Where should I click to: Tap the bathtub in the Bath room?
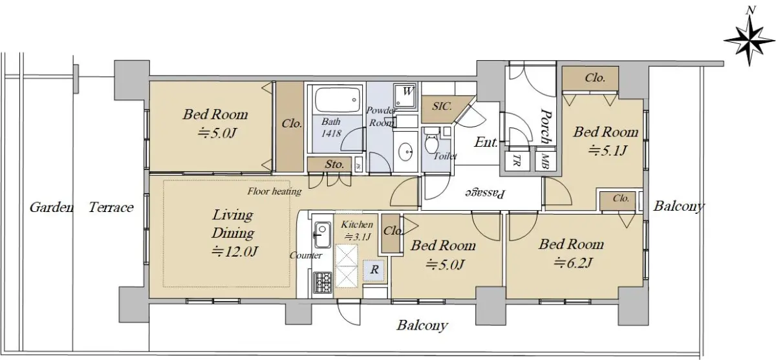(x=338, y=100)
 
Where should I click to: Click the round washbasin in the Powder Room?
(x=405, y=152)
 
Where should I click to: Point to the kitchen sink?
(x=322, y=235)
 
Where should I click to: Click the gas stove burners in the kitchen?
(x=323, y=281)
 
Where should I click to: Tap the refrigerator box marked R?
(x=374, y=270)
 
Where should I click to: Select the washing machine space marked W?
(x=405, y=95)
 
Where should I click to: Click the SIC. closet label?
(x=442, y=106)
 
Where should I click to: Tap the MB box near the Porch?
(x=545, y=160)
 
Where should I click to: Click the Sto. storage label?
(x=334, y=164)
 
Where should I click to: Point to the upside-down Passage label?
(x=484, y=194)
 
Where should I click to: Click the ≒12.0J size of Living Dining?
(x=235, y=251)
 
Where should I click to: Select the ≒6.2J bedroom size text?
(x=573, y=263)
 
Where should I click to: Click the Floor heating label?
(x=274, y=191)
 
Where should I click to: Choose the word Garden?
(x=52, y=207)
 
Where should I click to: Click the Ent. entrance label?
(x=486, y=142)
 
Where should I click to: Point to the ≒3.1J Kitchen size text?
(x=357, y=237)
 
